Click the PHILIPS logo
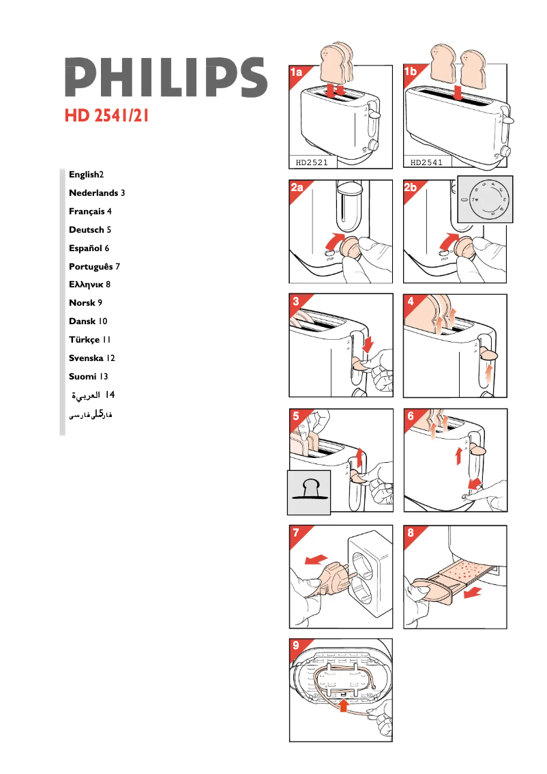166,76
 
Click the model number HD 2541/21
107,115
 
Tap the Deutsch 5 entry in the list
90,230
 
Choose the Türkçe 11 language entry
90,339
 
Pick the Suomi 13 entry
89,376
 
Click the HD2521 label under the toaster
312,162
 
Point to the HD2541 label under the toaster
427,162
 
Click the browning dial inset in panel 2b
485,199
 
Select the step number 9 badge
295,645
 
